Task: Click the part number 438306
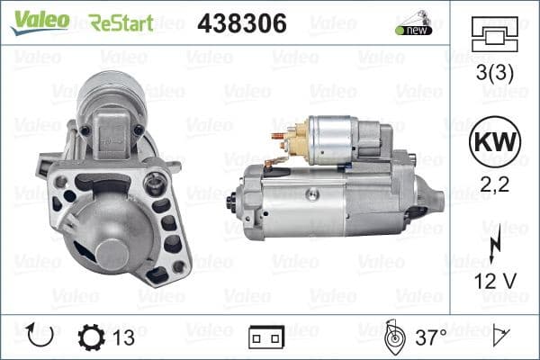[241, 22]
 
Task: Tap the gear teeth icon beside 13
[92, 337]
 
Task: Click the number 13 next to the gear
[125, 337]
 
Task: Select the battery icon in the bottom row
[265, 339]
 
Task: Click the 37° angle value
[430, 337]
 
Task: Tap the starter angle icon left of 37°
[392, 337]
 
